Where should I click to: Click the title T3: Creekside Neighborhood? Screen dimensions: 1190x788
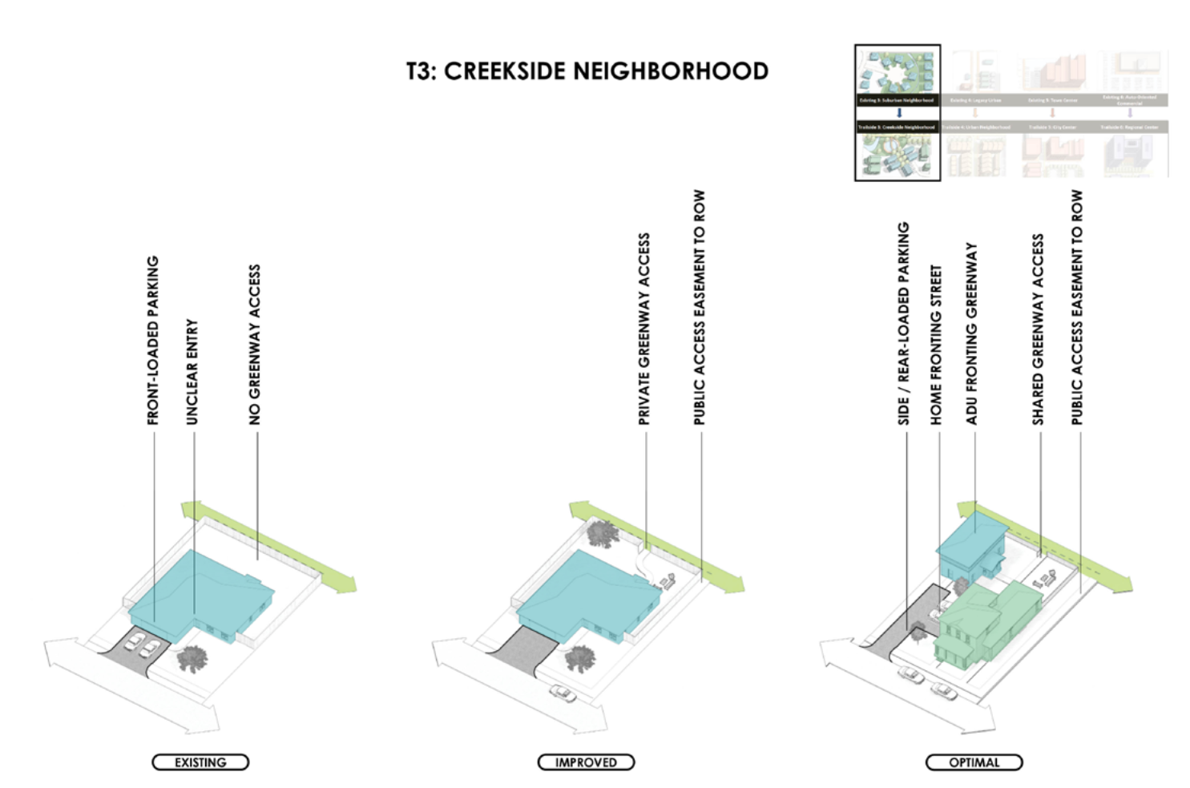click(587, 71)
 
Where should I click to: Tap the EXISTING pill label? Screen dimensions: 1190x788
click(200, 762)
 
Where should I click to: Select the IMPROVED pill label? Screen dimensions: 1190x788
click(586, 762)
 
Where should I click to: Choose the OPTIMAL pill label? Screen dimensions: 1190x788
click(974, 762)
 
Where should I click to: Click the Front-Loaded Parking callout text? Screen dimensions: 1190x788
click(153, 341)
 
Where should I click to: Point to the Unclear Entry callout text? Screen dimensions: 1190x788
click(192, 372)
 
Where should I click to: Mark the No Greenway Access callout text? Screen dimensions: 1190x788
click(255, 345)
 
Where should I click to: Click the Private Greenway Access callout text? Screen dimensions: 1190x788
click(644, 329)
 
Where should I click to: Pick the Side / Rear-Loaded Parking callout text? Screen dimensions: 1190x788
click(903, 323)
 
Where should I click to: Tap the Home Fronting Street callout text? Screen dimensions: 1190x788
click(936, 345)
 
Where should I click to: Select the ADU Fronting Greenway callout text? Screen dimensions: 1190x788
click(972, 333)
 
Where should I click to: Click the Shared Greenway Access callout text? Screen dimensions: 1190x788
click(1038, 329)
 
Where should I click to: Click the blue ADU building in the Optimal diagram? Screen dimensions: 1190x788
click(970, 545)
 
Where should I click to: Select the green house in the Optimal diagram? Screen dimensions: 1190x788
click(982, 621)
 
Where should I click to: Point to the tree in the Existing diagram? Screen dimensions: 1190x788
click(192, 658)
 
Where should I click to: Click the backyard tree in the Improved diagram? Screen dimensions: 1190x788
click(602, 532)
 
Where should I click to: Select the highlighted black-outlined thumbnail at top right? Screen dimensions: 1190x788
click(898, 113)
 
